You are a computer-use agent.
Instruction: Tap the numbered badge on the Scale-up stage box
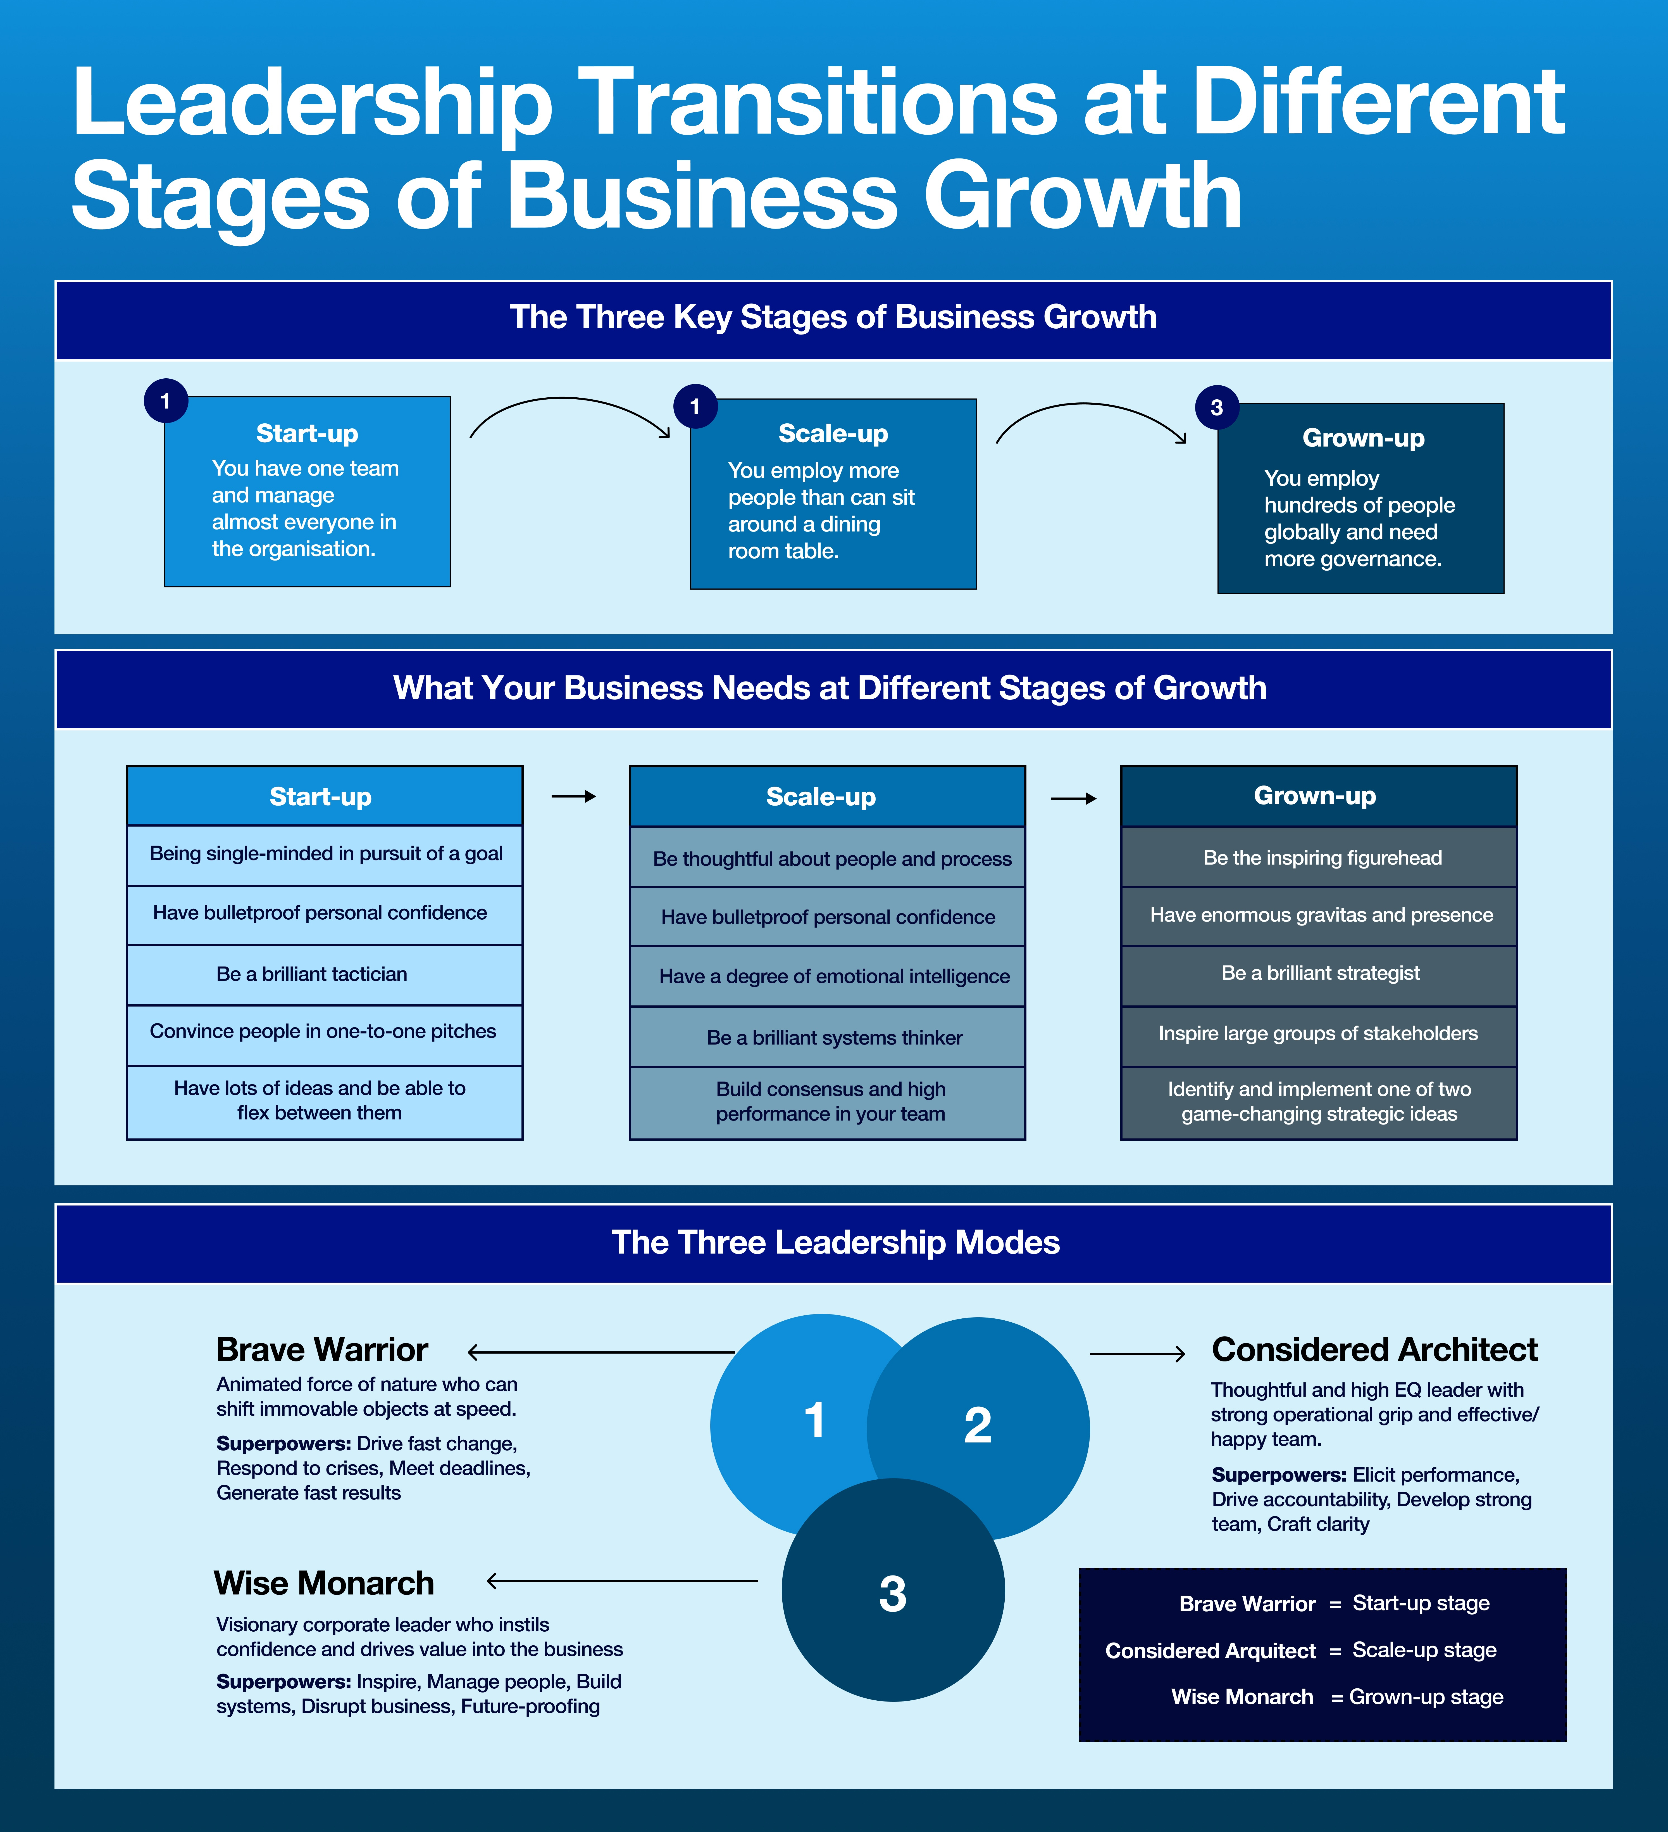pos(695,406)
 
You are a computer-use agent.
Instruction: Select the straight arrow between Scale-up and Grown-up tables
pos(1073,799)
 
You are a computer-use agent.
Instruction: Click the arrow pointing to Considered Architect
pos(1137,1354)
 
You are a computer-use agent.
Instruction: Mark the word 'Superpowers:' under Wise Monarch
pos(283,1682)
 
